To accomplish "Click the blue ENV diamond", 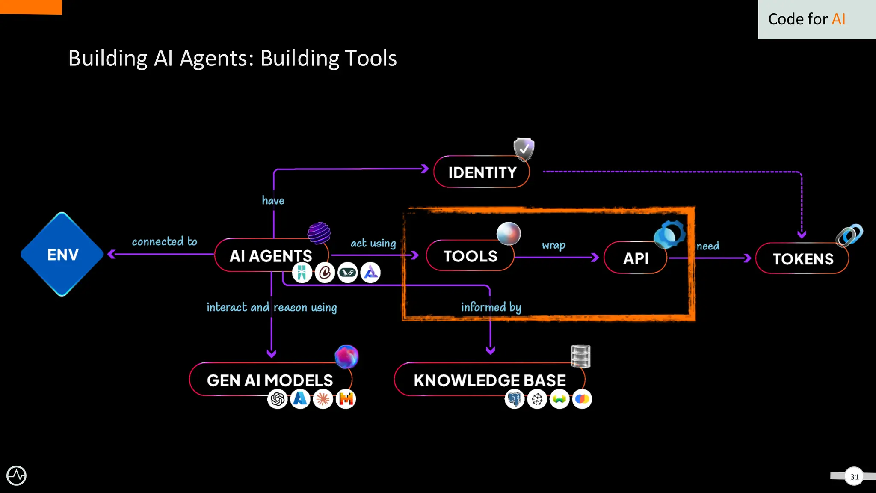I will pos(62,254).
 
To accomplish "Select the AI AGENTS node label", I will pos(270,256).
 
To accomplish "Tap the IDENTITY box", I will pos(482,172).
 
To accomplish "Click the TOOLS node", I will pos(470,256).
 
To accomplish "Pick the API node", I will pos(636,258).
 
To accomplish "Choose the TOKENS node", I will pos(803,258).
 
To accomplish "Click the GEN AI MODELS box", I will pos(269,380).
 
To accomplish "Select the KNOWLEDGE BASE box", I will pos(489,380).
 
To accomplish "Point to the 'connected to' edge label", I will pos(164,241).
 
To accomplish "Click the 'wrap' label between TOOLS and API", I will pos(553,245).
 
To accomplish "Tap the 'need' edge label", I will pos(708,246).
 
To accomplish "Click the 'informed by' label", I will pos(491,307).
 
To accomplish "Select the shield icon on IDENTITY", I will pos(524,149).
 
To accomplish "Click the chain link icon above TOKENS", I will pos(849,235).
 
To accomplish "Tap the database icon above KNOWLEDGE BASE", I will pos(580,356).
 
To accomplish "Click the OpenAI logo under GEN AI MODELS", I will pos(278,399).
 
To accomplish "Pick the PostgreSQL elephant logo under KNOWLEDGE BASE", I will pos(515,399).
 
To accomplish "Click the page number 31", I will pos(854,476).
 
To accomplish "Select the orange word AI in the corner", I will pos(838,19).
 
